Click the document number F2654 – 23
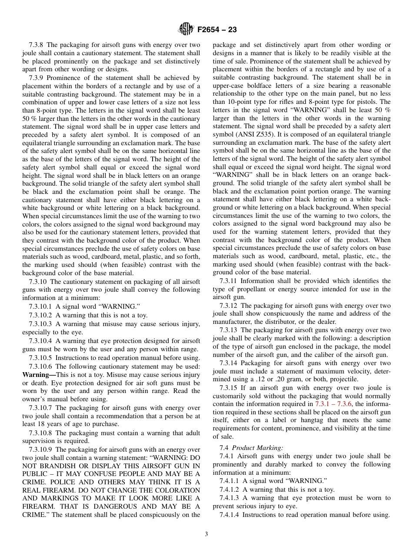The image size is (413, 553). coord(217,30)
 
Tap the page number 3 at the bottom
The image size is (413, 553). coord(206,534)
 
